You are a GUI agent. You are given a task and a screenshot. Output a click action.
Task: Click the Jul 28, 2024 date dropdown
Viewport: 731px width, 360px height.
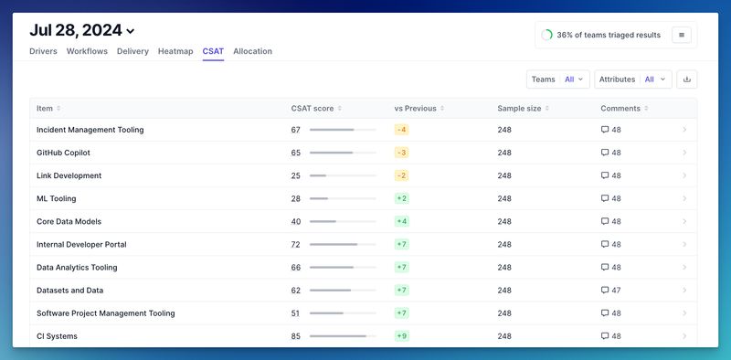(82, 31)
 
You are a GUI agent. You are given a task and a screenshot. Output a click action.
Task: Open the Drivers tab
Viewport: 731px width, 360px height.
(44, 51)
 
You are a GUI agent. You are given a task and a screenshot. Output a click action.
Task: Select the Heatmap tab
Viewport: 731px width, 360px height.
(175, 51)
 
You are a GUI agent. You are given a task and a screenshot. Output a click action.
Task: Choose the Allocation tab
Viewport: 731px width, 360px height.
(252, 51)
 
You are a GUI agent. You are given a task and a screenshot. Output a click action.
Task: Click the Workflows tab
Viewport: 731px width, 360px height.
(88, 51)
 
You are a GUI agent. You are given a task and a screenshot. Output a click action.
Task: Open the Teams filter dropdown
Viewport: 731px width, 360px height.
(557, 79)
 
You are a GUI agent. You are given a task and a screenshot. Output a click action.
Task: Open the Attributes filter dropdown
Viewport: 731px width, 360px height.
(632, 79)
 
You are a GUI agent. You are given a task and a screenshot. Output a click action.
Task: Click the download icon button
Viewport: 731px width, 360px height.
(687, 79)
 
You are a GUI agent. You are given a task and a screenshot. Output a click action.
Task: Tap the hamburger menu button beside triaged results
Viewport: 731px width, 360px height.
(682, 35)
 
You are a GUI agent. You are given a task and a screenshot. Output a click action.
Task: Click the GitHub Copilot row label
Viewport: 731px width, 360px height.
(63, 153)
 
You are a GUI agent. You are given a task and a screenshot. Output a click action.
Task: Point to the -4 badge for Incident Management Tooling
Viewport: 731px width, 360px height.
(401, 130)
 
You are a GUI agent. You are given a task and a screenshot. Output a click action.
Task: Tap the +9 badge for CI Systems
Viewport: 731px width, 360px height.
(401, 336)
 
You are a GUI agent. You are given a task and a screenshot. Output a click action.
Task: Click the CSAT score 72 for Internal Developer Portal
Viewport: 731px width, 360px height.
(296, 245)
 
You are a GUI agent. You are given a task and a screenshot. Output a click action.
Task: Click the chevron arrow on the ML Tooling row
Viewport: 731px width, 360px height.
(684, 198)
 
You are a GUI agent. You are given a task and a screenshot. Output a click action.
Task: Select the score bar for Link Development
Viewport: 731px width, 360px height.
(343, 175)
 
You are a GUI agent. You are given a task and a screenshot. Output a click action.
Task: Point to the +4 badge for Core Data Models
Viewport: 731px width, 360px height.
(401, 221)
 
